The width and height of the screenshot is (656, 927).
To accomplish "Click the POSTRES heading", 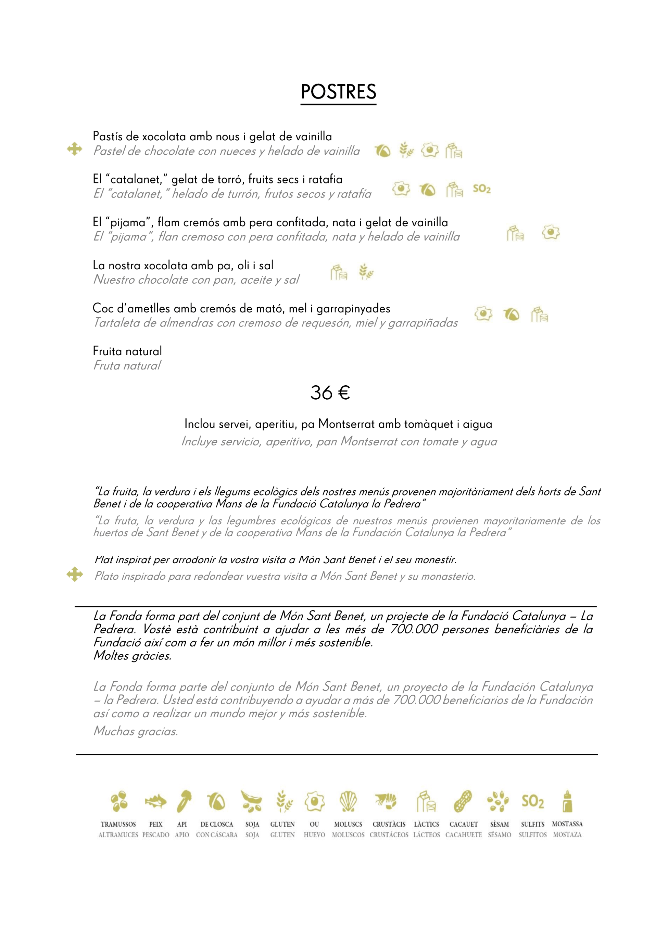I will click(338, 92).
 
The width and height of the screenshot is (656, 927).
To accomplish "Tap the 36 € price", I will click(330, 393).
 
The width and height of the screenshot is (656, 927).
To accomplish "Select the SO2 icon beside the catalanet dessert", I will click(481, 189).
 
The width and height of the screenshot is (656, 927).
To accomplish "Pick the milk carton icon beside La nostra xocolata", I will click(339, 272).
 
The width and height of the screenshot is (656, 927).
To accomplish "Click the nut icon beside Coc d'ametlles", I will click(512, 314).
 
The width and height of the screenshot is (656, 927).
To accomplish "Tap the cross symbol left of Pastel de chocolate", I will click(74, 149).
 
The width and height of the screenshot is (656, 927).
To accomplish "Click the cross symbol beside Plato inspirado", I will click(75, 574).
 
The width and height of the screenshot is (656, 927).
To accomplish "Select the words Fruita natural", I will click(127, 351).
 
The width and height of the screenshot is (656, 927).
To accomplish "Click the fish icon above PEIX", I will click(155, 801).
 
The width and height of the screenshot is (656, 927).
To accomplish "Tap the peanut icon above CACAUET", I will click(463, 801).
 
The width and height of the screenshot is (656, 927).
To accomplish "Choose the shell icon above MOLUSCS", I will click(348, 801).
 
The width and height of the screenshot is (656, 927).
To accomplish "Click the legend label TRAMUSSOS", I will click(118, 824).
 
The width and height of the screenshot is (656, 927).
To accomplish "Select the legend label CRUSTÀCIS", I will click(389, 824).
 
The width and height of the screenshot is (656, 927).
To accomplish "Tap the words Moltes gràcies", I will click(133, 656).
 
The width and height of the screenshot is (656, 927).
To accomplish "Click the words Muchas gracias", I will click(136, 731).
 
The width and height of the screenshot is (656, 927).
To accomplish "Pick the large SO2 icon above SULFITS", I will click(532, 801).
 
